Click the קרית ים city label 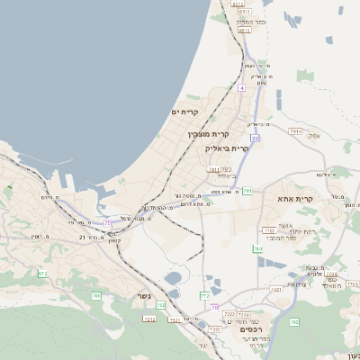pos(184,112)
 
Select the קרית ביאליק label pos(226,148)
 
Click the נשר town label pos(145,296)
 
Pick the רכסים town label pos(252,329)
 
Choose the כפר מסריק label pos(251,20)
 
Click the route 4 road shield pos(241,88)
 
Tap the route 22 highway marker pos(255,139)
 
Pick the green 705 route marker pos(95,295)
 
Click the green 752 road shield pos(162,306)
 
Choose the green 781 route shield pos(247,191)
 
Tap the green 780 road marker pos(257,248)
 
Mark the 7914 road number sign pos(294,132)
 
